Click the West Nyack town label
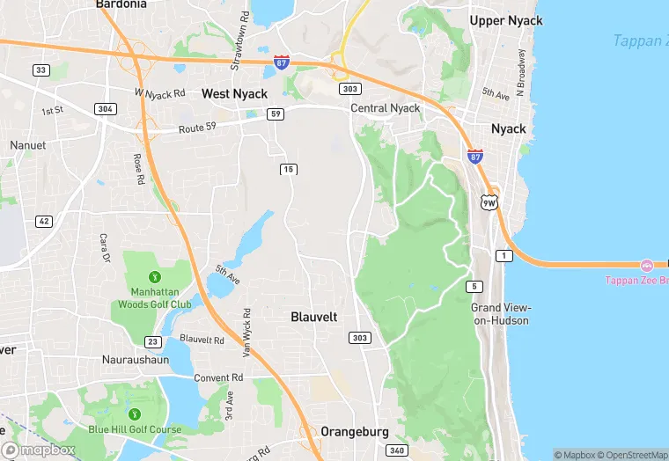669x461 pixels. (x=234, y=93)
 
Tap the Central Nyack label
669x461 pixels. (x=386, y=108)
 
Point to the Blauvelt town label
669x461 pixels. (x=313, y=317)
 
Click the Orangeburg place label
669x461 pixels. (x=354, y=432)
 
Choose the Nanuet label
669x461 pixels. (x=26, y=145)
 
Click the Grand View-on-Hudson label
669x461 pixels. (x=500, y=314)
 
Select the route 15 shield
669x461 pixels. (x=288, y=169)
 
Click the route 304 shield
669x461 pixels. (x=106, y=109)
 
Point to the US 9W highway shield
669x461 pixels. (x=489, y=202)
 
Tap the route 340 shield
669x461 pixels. (x=396, y=451)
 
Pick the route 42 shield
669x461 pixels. (x=44, y=221)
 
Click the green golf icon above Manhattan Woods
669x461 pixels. (x=155, y=278)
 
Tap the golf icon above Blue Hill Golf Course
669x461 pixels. (x=135, y=414)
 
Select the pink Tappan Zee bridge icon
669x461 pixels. (x=647, y=265)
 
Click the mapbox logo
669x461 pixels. (x=39, y=450)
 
